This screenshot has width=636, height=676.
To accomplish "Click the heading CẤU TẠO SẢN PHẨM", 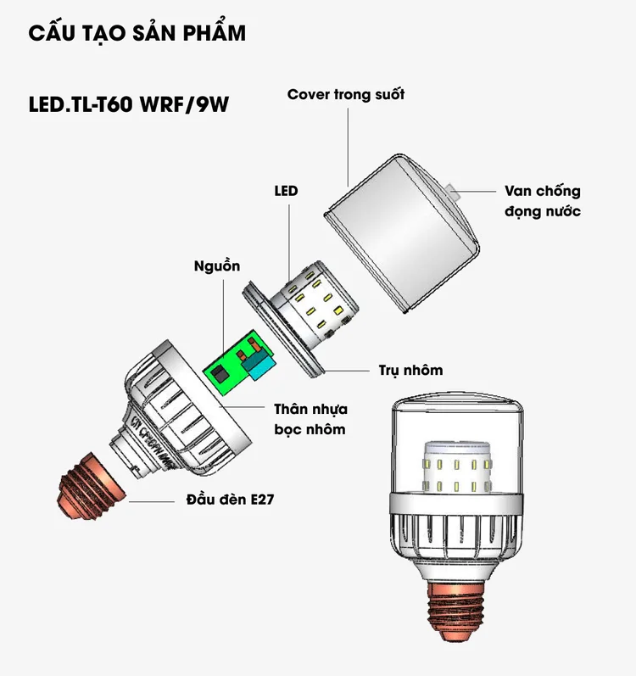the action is pyautogui.click(x=137, y=32).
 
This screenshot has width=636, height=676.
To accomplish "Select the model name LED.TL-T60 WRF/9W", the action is pyautogui.click(x=128, y=104).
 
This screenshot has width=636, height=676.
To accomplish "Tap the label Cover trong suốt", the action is pyautogui.click(x=346, y=94).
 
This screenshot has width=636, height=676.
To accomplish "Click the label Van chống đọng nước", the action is pyautogui.click(x=543, y=201).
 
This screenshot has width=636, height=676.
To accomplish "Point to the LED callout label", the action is pyautogui.click(x=286, y=191).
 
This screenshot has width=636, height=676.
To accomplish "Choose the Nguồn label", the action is pyautogui.click(x=217, y=265).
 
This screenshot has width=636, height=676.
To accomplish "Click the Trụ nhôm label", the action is pyautogui.click(x=410, y=370).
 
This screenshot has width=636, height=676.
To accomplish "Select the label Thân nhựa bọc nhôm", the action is pyautogui.click(x=310, y=419).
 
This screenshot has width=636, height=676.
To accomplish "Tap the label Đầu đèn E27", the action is pyautogui.click(x=230, y=500).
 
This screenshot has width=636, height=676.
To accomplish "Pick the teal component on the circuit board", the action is pyautogui.click(x=258, y=366).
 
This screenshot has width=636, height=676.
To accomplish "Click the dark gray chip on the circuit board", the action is pyautogui.click(x=220, y=373).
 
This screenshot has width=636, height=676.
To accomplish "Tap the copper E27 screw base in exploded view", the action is pyautogui.click(x=91, y=485).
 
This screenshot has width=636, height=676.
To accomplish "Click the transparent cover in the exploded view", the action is pyautogui.click(x=402, y=232).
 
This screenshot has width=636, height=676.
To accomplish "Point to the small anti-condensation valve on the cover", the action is pyautogui.click(x=453, y=192).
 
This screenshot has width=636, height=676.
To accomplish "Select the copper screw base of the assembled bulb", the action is pyautogui.click(x=457, y=609).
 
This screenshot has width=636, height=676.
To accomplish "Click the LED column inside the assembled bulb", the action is pyautogui.click(x=457, y=467).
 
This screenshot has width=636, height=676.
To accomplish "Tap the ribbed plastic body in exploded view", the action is pyautogui.click(x=181, y=410).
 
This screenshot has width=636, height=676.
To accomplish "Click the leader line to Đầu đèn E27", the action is pyautogui.click(x=152, y=501).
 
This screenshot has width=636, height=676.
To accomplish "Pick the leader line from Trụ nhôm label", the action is pyautogui.click(x=348, y=370).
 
